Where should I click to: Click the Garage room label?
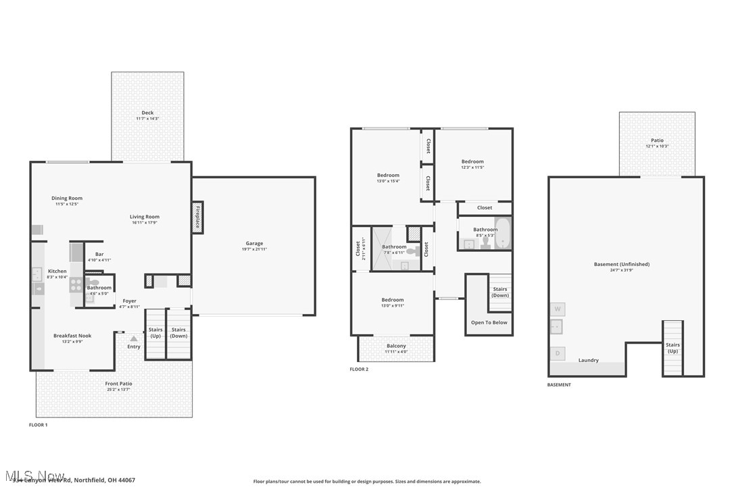[x=254, y=243]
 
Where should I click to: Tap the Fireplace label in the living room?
[x=197, y=217]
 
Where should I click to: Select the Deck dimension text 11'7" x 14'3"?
[x=147, y=119]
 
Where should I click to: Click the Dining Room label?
[x=67, y=198]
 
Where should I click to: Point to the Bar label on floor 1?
[x=99, y=254]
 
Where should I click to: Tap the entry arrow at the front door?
[x=134, y=338]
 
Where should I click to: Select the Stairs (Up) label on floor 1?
[x=155, y=332]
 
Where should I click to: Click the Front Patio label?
[x=119, y=384]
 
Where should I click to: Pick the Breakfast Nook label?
[x=72, y=336]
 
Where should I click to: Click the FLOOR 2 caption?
[x=359, y=369]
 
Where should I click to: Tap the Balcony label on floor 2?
[x=396, y=346]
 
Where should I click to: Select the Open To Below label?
[x=489, y=322]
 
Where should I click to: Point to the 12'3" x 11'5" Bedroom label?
[x=472, y=161]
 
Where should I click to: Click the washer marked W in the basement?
[x=558, y=309]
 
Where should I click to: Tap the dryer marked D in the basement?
[x=558, y=353]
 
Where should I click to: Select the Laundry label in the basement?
[x=588, y=360]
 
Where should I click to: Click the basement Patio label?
[x=657, y=140]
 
